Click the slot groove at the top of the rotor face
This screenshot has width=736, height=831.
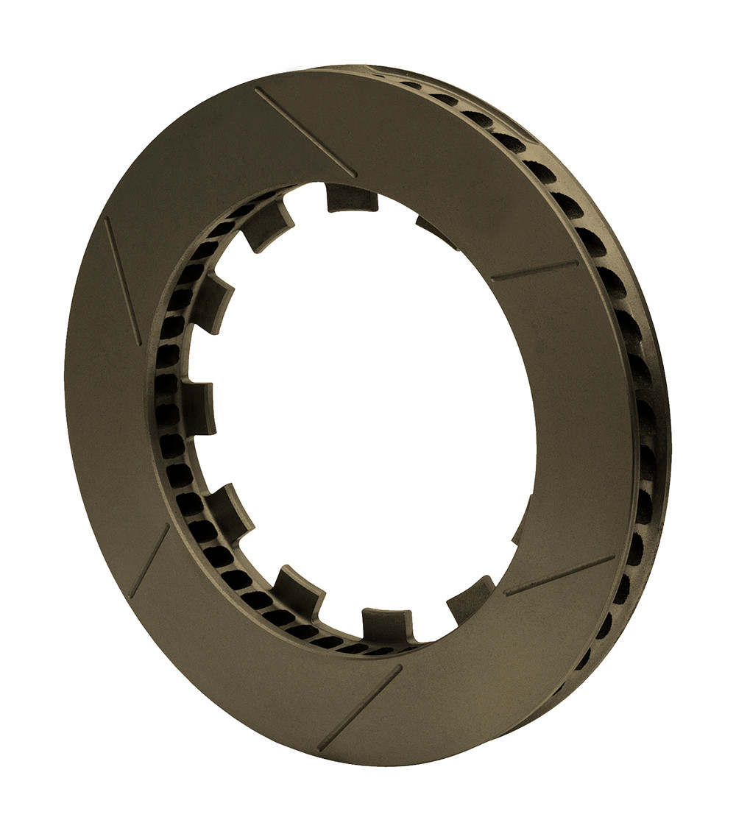coord(305,132)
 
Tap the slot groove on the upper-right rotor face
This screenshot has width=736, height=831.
coord(534,271)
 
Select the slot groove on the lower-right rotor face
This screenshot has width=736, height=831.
coord(559,576)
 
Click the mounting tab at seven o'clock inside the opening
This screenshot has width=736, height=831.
coord(299,590)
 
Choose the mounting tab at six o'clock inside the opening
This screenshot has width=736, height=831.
coord(387,624)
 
